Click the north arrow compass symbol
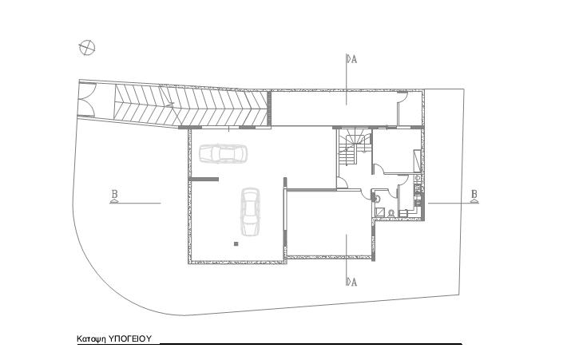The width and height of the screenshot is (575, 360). click(x=87, y=47)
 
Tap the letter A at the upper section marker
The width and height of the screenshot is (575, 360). click(x=354, y=59)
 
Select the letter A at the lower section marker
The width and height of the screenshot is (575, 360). click(x=354, y=283)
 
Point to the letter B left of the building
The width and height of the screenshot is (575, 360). click(x=114, y=193)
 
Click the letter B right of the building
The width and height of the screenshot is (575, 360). click(x=474, y=193)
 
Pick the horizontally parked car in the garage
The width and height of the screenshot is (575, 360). click(x=223, y=153)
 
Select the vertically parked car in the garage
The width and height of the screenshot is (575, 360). click(x=251, y=212)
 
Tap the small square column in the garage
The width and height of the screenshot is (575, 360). click(x=236, y=243)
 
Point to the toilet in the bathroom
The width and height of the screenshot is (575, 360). click(x=391, y=212)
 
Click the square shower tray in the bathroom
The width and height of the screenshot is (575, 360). click(x=379, y=212)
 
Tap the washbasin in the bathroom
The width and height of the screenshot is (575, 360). click(x=377, y=198)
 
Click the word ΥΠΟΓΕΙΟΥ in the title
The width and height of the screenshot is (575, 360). click(x=130, y=338)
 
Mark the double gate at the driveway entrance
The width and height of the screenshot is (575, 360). click(x=86, y=99)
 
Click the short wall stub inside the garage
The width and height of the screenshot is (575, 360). click(x=204, y=180)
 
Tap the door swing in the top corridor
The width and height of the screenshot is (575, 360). click(x=402, y=97)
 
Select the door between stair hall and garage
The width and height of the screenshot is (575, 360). click(x=342, y=183)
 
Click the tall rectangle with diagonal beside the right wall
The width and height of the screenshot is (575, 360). click(x=418, y=161)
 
